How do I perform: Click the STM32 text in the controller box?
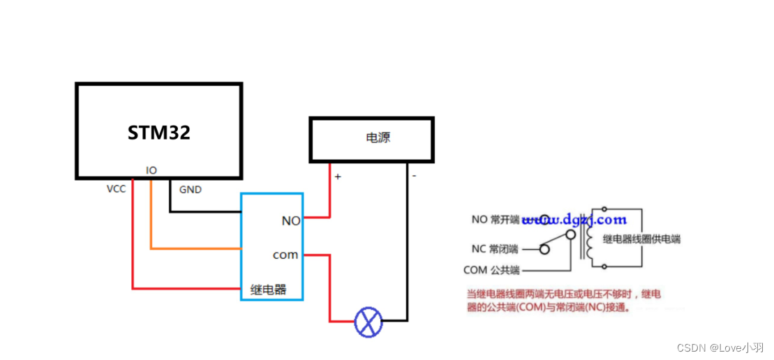pyautogui.click(x=158, y=133)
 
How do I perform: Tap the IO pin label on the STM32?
pyautogui.click(x=151, y=170)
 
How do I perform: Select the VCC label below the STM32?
pyautogui.click(x=116, y=189)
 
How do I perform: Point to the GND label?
pyautogui.click(x=191, y=190)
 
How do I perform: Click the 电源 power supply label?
pyautogui.click(x=378, y=138)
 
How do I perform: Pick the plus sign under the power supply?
pyautogui.click(x=338, y=177)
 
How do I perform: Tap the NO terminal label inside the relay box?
pyautogui.click(x=290, y=220)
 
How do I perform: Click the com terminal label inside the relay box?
pyautogui.click(x=285, y=255)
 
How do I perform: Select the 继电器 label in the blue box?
pyautogui.click(x=268, y=289)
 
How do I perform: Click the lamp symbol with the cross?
pyautogui.click(x=369, y=322)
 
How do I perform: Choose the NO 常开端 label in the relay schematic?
pyautogui.click(x=495, y=220)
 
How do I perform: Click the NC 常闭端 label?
pyautogui.click(x=494, y=248)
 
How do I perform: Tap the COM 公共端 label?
pyautogui.click(x=491, y=270)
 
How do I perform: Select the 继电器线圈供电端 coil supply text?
pyautogui.click(x=641, y=239)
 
